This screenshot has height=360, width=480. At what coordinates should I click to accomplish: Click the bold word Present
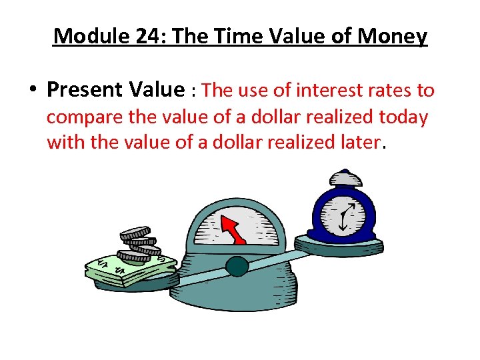(91, 89)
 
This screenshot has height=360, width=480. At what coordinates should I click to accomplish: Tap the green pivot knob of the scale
(237, 267)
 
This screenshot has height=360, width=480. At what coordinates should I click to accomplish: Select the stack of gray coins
(139, 244)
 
